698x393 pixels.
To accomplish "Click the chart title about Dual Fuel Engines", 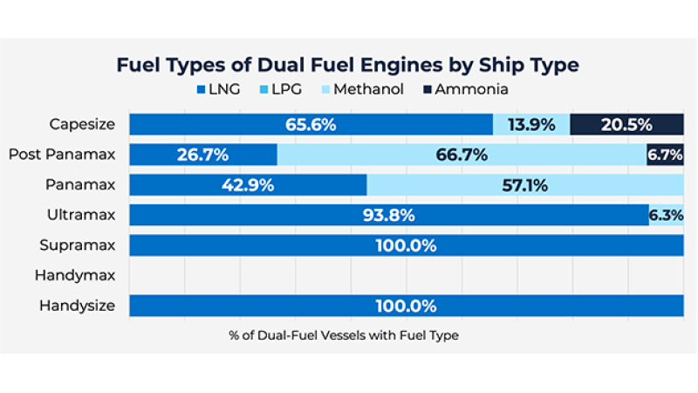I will [x=349, y=65].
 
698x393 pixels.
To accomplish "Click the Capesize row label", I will [x=82, y=124].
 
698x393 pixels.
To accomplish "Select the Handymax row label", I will [x=75, y=275].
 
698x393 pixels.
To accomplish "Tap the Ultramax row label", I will [x=81, y=215].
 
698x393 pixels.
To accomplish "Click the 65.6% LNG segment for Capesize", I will [x=311, y=124].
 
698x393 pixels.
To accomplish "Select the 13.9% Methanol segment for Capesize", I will [x=531, y=124].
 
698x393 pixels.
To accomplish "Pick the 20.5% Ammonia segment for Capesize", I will [x=626, y=124].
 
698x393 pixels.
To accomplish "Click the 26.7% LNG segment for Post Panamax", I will [x=202, y=155].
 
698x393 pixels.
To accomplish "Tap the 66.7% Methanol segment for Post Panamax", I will [x=462, y=155].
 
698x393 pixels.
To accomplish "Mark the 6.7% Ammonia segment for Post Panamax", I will [x=665, y=155].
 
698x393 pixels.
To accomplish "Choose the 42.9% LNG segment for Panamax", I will [x=248, y=185].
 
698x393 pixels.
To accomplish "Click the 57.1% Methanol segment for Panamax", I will [x=525, y=185].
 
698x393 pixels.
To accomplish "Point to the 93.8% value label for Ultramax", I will [x=389, y=215].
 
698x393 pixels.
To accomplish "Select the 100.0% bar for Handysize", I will [x=406, y=306].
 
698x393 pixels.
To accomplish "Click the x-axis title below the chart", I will [x=344, y=334].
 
